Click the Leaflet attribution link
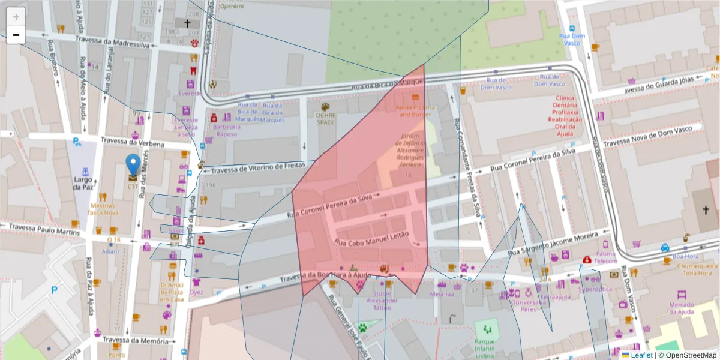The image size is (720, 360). click(641, 355)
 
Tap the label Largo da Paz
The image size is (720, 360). click(83, 183)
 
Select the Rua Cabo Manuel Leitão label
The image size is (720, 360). click(371, 238)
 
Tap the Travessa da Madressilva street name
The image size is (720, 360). click(112, 41)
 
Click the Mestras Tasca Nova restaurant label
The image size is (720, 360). click(103, 209)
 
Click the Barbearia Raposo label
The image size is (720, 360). click(226, 130)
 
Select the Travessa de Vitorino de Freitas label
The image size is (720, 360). click(258, 167)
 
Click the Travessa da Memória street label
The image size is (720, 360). click(135, 341)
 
